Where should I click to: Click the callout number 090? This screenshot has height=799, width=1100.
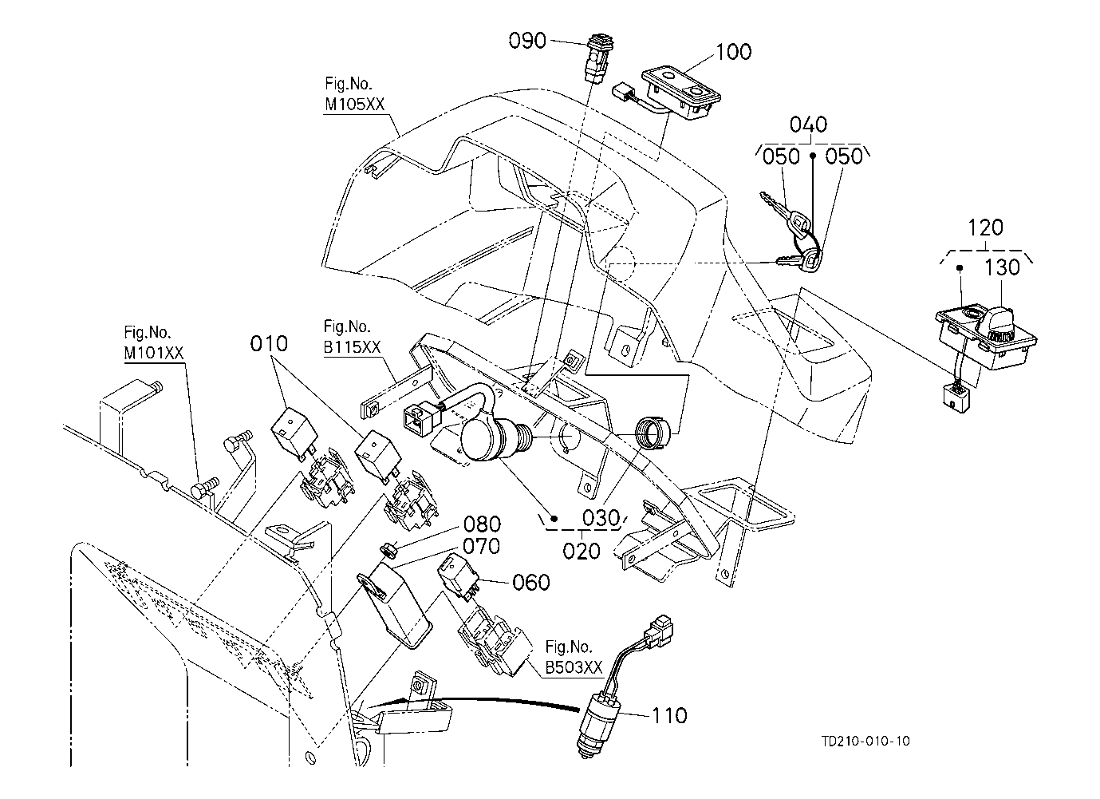click(527, 40)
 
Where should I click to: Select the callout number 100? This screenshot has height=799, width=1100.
click(734, 52)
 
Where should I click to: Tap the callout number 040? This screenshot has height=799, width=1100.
click(808, 125)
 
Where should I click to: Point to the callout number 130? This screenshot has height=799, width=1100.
click(1003, 267)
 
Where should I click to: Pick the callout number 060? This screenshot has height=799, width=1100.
click(531, 583)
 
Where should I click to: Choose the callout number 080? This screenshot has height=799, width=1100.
click(483, 525)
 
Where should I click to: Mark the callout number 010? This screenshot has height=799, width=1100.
click(268, 345)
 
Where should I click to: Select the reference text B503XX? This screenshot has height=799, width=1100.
click(574, 668)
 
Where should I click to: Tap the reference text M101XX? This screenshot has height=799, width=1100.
click(154, 354)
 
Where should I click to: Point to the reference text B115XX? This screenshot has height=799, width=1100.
click(353, 347)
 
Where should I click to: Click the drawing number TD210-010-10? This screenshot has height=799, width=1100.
click(865, 741)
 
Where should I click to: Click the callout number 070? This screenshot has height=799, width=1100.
click(483, 547)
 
